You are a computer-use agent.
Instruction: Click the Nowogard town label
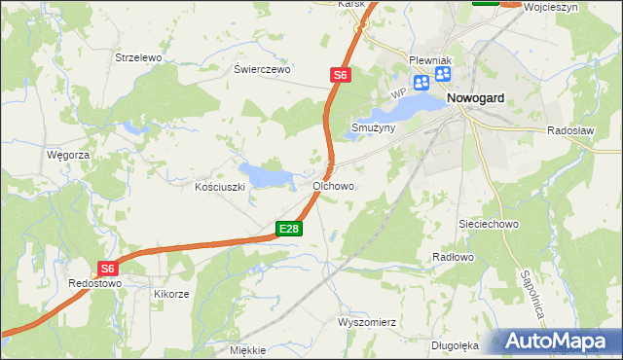481,98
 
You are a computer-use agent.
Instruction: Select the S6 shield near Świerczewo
338,74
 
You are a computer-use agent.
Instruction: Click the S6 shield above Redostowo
107,269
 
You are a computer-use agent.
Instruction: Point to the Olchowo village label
333,185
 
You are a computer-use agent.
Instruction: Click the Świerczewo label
263,70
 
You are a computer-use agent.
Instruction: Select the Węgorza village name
68,155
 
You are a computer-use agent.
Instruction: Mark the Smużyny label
374,127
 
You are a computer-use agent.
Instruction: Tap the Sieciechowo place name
492,223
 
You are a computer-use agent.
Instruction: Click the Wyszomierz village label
365,322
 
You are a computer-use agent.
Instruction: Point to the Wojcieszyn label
577,6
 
